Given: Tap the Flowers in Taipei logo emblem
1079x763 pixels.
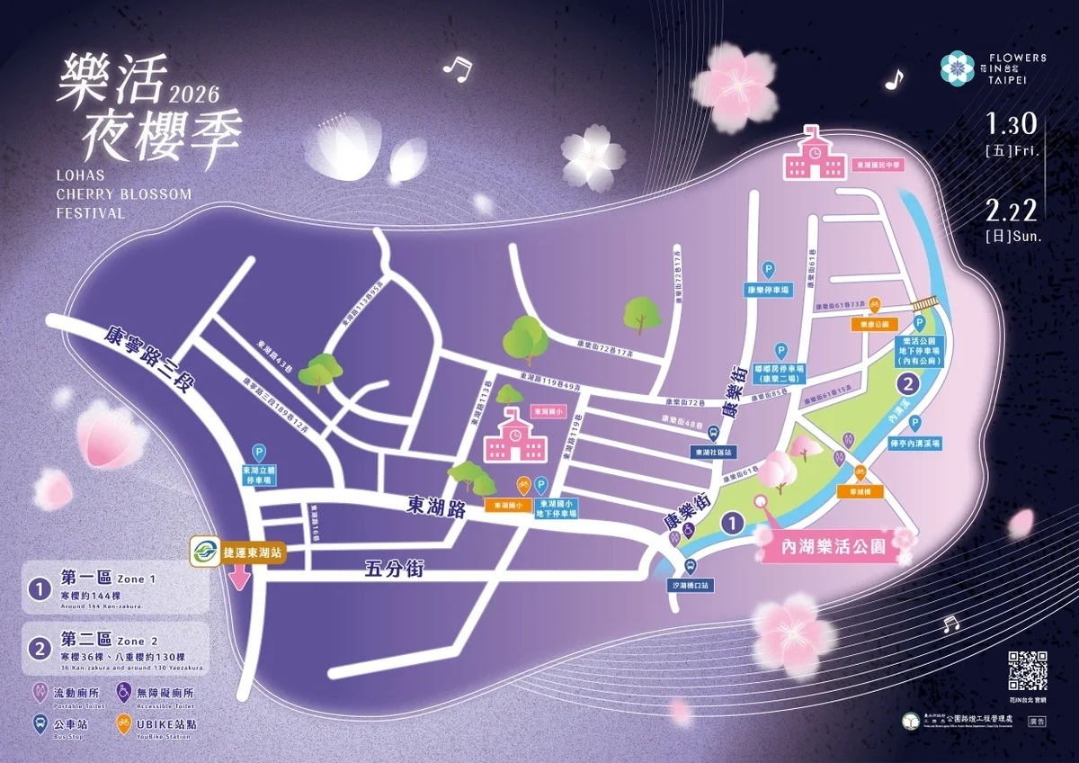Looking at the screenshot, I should click(957, 67).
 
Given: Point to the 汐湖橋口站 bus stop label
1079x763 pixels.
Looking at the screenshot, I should click(691, 585).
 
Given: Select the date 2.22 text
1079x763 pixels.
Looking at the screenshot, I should click(1012, 211).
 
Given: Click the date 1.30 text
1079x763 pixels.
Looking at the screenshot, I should click(1012, 122).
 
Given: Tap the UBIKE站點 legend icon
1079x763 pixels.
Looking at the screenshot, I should click(121, 723).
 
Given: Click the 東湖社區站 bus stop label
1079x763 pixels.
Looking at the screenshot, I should click(715, 452).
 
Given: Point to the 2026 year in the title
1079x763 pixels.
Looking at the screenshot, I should click(193, 93).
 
